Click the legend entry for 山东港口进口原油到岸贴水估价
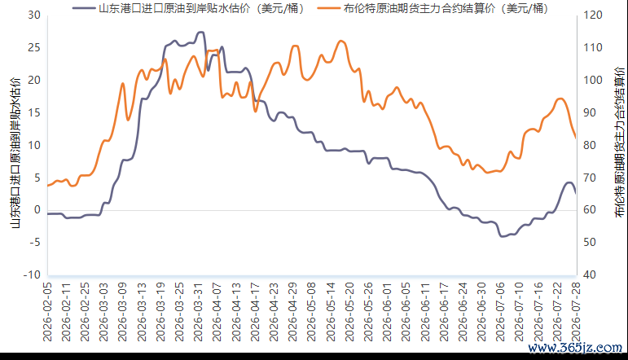[188, 8]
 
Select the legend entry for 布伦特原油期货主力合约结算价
[433, 8]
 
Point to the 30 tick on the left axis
[34, 15]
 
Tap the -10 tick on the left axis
[32, 275]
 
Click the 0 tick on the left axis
[37, 210]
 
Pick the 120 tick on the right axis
[593, 15]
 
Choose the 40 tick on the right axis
[590, 275]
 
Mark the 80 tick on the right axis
[590, 145]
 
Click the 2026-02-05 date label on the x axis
[48, 312]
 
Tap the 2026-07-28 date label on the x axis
[576, 312]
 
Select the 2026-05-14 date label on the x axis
[331, 312]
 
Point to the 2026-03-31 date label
[198, 312]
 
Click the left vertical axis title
[15, 152]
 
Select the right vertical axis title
[619, 143]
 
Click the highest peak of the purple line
[201, 32]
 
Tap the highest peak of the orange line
[340, 41]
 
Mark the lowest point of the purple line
[502, 237]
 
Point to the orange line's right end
[576, 138]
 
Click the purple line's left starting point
[48, 214]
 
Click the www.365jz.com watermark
[575, 348]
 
